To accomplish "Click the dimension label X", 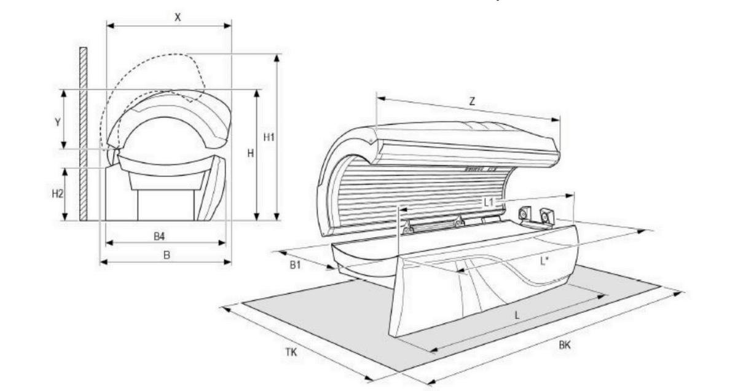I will coord(178,18).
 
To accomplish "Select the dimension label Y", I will coord(57,122).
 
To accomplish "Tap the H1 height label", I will coord(269,138).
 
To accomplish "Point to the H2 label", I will coord(57,193).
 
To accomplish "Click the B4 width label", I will coord(159,235).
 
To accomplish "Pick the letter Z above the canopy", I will coord(472,102).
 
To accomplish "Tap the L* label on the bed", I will coord(544,261).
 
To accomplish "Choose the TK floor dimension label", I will coord(291,352).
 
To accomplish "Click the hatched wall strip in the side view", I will coord(83,133).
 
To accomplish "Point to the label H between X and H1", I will coord(251,153).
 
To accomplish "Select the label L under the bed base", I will coord(517,315).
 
